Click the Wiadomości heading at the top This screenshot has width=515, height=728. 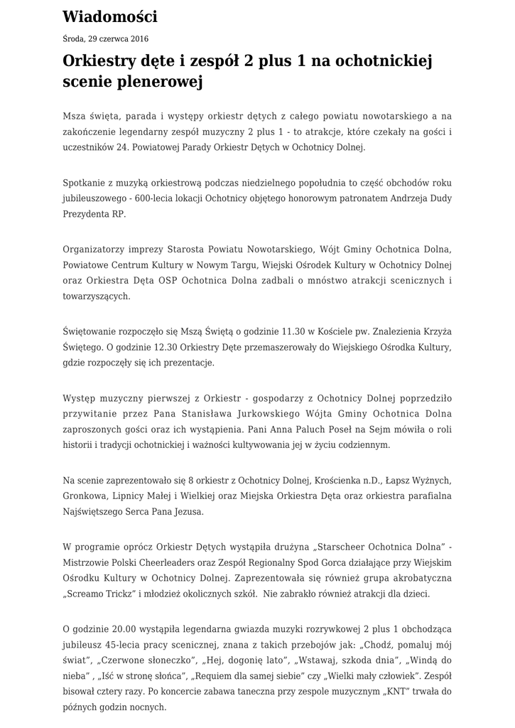pos(109,16)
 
